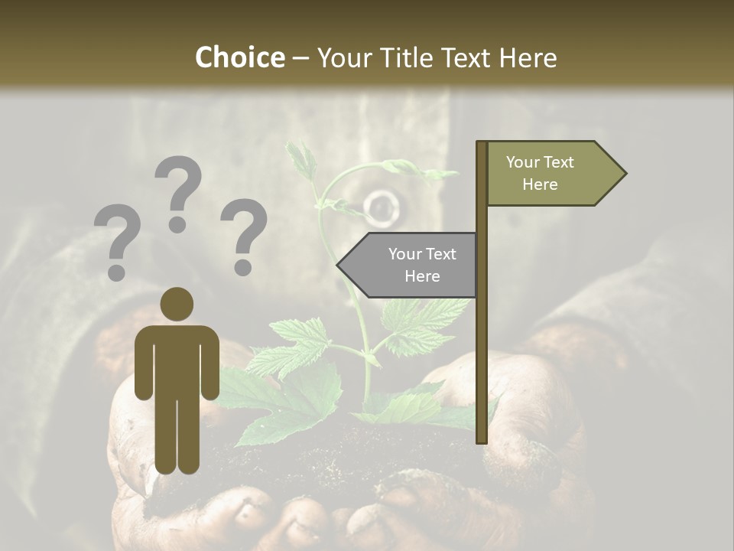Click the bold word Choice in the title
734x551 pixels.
[x=239, y=57]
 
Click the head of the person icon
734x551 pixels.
[x=177, y=304]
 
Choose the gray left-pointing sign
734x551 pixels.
[x=413, y=265]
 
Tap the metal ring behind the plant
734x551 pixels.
[x=379, y=207]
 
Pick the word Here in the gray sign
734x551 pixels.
[x=422, y=276]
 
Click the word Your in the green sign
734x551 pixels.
[x=521, y=162]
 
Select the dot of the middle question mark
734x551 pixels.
[x=177, y=224]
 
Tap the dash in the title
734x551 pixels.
[x=300, y=57]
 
